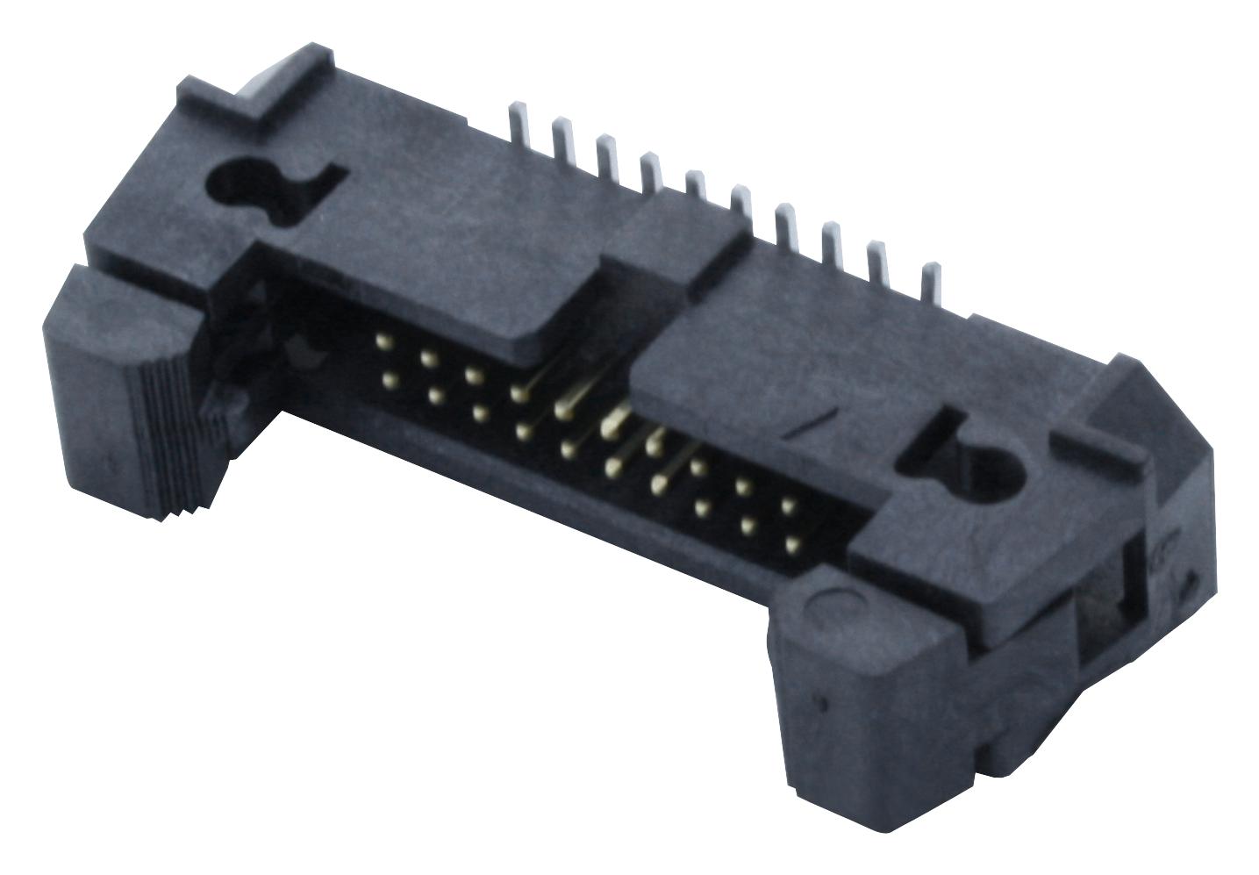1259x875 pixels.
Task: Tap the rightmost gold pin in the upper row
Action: [x=787, y=506]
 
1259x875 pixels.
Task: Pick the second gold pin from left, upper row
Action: [x=428, y=358]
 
